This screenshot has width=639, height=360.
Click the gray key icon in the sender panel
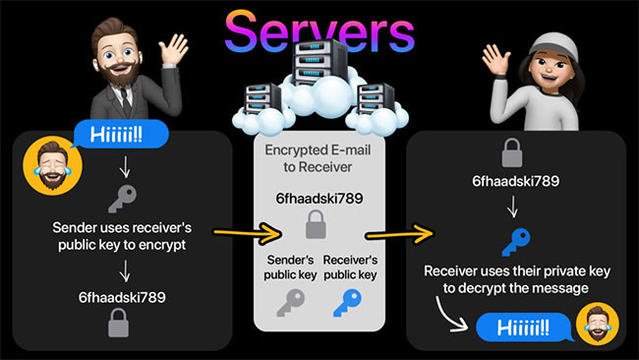(126, 195)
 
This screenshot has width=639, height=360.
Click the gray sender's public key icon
(289, 301)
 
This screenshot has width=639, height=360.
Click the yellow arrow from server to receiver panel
(397, 234)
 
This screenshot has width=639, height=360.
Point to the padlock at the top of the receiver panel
(512, 153)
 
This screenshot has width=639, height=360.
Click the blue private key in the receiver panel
(512, 241)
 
